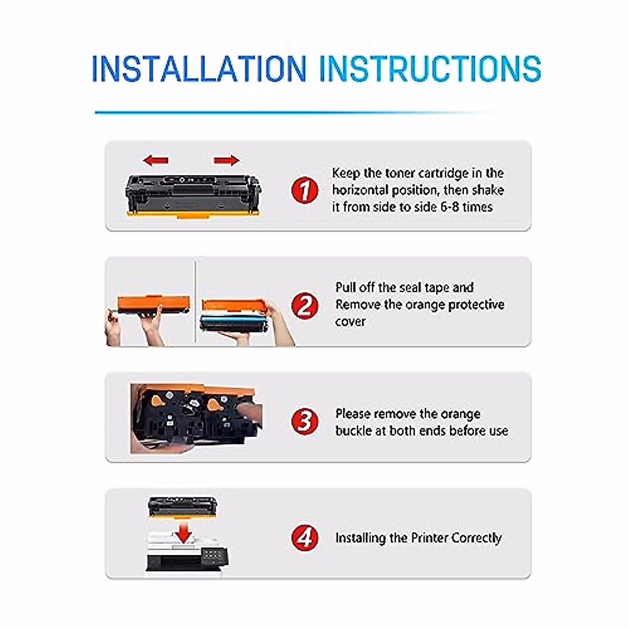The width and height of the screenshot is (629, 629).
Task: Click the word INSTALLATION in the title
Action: [199, 68]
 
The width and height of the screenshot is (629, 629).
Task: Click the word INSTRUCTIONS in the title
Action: [430, 68]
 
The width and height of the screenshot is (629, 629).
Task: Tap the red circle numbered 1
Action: [305, 190]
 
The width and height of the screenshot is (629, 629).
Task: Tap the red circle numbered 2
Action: [305, 305]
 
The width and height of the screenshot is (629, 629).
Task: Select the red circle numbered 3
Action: [305, 421]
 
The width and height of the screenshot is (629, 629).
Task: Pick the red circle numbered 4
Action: [305, 537]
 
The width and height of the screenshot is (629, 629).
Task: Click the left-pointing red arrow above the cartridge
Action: [156, 160]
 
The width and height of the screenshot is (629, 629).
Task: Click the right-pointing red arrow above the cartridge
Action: [226, 160]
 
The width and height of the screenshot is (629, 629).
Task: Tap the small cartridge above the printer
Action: [182, 506]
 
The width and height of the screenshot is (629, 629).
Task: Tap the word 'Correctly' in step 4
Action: [476, 538]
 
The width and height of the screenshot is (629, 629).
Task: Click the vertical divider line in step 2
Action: [195, 301]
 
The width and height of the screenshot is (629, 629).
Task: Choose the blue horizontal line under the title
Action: [294, 112]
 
